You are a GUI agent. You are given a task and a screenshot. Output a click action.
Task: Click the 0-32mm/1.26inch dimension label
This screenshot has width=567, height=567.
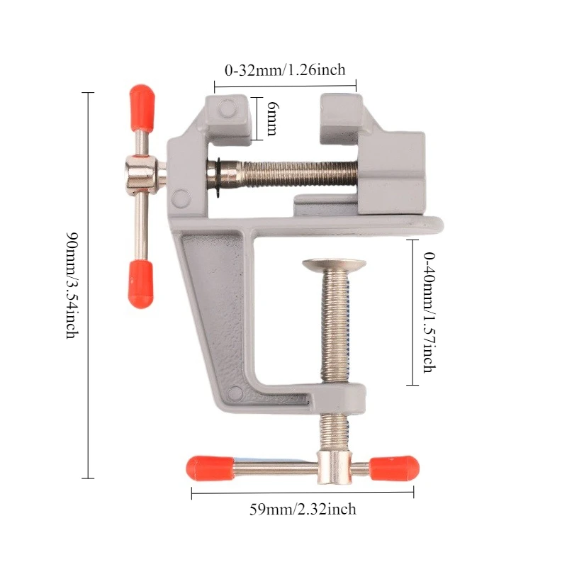coord(285,70)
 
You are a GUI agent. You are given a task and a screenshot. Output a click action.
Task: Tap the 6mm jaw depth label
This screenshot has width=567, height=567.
coord(272,118)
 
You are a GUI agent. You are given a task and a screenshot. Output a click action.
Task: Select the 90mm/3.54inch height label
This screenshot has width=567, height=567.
coord(72,285)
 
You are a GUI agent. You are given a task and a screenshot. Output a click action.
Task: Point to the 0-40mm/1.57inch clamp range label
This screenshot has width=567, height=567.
coord(430,312)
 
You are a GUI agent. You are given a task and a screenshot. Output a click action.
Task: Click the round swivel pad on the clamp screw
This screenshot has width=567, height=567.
coord(335,265)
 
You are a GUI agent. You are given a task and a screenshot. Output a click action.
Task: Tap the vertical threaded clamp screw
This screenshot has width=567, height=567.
coord(335,326)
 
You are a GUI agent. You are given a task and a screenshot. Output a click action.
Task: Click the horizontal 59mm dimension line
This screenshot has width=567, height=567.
coord(303,493)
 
